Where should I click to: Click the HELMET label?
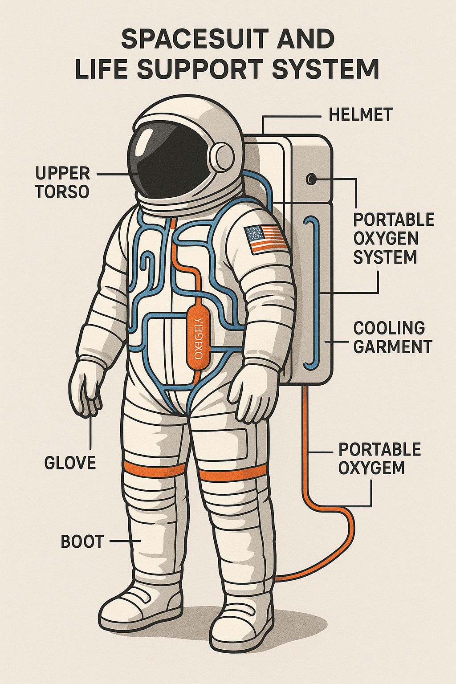pyautogui.click(x=360, y=115)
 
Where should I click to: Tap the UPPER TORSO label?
pyautogui.click(x=62, y=182)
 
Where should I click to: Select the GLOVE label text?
pyautogui.click(x=70, y=463)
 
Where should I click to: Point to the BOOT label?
pyautogui.click(x=82, y=541)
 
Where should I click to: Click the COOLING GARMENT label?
pyautogui.click(x=392, y=337)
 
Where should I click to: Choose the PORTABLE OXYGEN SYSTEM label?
pyautogui.click(x=393, y=239)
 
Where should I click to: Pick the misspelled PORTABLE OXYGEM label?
pyautogui.click(x=379, y=459)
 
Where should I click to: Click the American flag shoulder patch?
pyautogui.click(x=265, y=238)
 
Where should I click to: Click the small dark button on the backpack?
pyautogui.click(x=311, y=179)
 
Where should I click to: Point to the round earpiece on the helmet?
pyautogui.click(x=222, y=156)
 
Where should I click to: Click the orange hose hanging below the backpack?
pyautogui.click(x=312, y=490)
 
